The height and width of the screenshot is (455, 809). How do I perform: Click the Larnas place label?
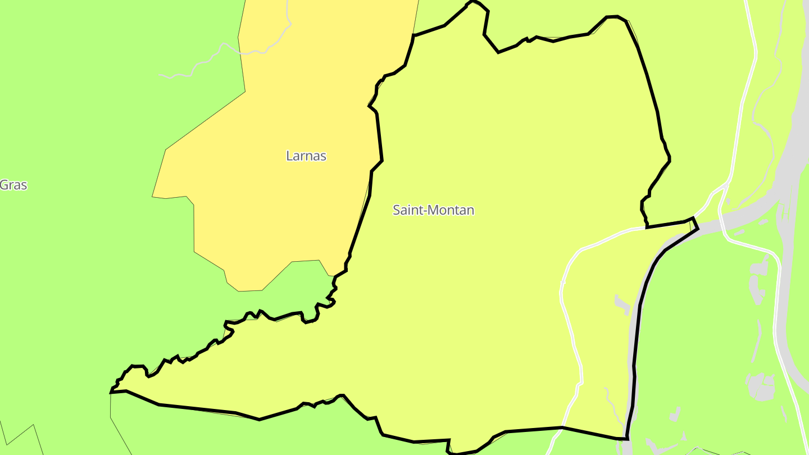306,156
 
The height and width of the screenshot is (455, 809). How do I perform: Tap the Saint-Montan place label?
433,210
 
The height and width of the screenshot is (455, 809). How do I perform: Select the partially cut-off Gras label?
13,185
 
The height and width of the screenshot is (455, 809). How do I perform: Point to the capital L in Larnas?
289,156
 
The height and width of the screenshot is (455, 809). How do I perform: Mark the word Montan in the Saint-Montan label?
452,210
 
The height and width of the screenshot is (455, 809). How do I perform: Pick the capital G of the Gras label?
4,185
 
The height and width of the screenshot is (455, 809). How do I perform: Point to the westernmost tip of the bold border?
111,393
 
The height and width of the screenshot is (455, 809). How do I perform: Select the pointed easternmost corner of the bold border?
698,228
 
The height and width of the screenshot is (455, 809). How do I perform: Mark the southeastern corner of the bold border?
626,438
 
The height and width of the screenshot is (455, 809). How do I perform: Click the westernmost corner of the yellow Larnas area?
152,197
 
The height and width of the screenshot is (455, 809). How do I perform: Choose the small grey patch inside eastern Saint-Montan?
620,303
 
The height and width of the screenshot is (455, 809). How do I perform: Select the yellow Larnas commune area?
270,213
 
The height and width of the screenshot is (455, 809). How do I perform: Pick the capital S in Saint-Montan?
397,210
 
